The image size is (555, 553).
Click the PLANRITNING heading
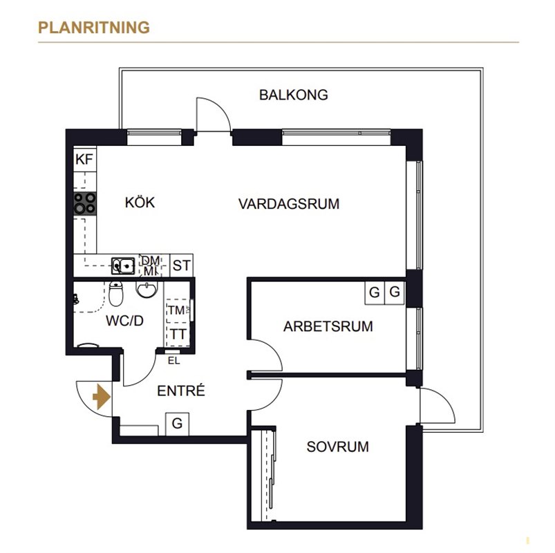94,28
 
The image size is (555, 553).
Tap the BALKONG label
294,95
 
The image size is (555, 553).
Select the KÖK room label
140,202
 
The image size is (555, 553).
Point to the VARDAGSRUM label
289,204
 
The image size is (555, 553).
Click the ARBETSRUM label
328,326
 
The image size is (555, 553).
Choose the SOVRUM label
338,447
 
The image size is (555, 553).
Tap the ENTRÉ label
181,391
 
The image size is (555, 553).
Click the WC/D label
124,321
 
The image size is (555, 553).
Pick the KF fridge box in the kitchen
84,159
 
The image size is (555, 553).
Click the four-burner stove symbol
84,203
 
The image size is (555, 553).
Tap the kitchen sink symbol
123,266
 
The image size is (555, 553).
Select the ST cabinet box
182,265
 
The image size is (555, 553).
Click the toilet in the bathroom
115,294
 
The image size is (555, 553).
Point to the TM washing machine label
176,310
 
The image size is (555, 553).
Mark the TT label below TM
178,334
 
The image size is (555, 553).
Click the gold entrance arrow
102,397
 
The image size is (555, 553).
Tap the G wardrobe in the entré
177,424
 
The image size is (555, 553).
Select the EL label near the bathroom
173,361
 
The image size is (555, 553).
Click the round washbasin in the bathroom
147,290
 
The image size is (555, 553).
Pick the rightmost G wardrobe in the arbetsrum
394,292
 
